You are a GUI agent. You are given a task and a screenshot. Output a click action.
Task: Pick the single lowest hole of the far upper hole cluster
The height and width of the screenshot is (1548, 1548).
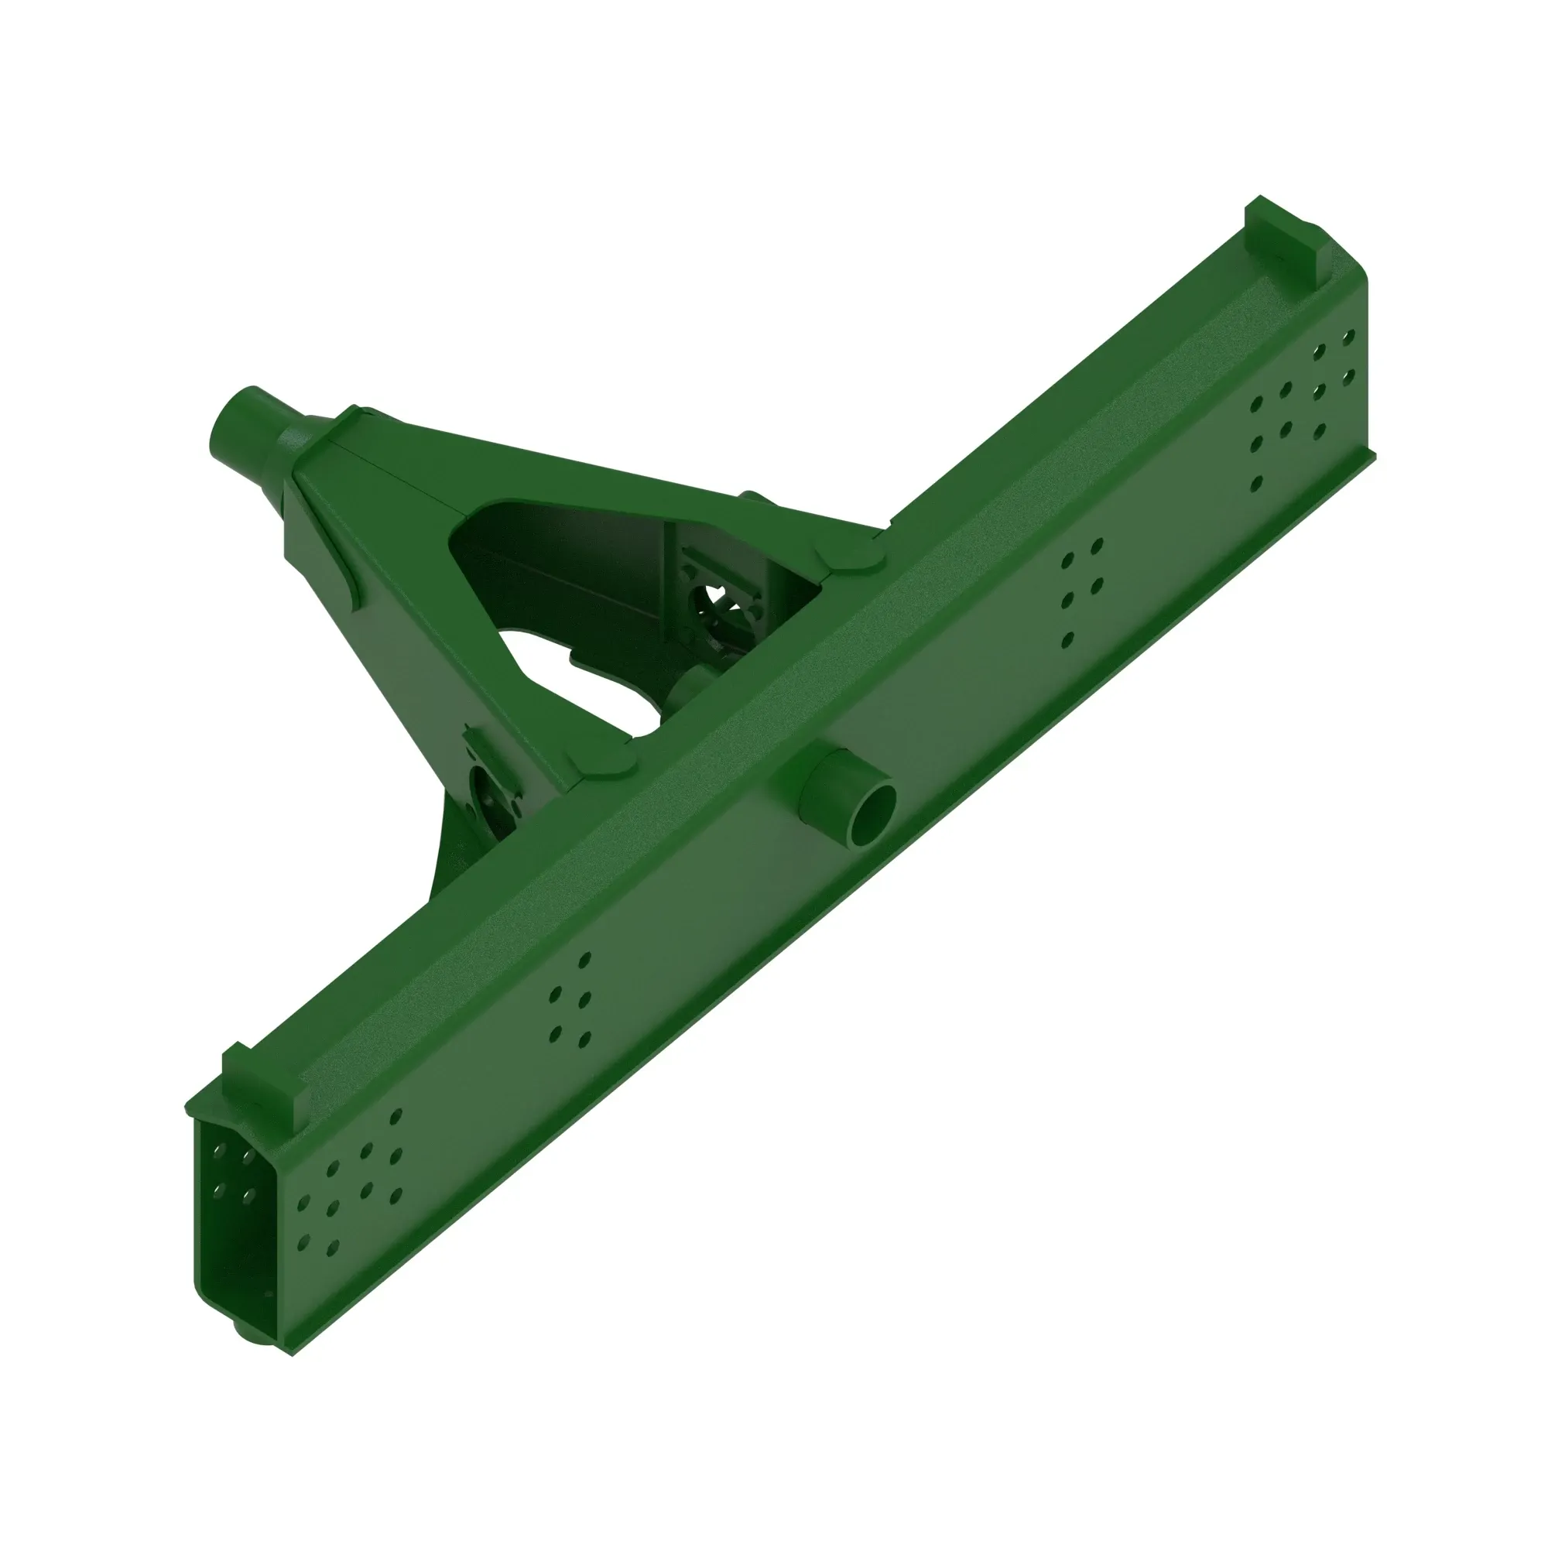click(x=1255, y=483)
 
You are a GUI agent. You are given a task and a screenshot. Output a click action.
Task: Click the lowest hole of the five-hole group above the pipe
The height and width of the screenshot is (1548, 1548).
click(x=1067, y=639)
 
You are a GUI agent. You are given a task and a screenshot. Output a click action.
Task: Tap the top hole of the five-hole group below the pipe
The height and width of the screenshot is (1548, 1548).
click(x=585, y=958)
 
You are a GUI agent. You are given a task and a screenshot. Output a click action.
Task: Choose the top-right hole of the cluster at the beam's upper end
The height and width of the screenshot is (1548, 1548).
click(x=1348, y=337)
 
